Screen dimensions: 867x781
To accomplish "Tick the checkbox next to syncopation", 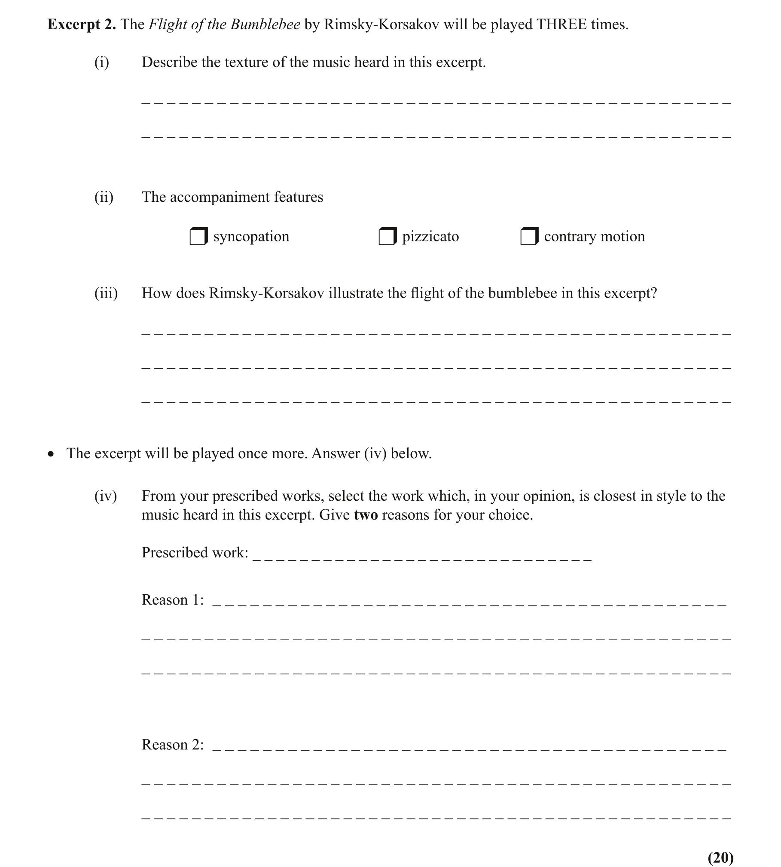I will [198, 237].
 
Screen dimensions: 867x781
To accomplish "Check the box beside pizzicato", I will [387, 237].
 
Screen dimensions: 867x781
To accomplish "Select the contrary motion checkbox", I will [529, 237].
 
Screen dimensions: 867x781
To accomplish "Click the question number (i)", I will [102, 63].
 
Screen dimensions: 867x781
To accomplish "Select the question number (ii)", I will [104, 198].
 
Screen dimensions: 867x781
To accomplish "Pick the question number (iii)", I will [106, 293].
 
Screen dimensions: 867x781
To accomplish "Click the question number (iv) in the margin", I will [105, 496].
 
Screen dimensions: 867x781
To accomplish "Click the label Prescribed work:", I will [195, 553].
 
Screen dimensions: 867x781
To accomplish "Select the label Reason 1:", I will [173, 600].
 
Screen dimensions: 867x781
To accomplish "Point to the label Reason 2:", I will [173, 745].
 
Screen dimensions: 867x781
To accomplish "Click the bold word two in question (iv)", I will [366, 515].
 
